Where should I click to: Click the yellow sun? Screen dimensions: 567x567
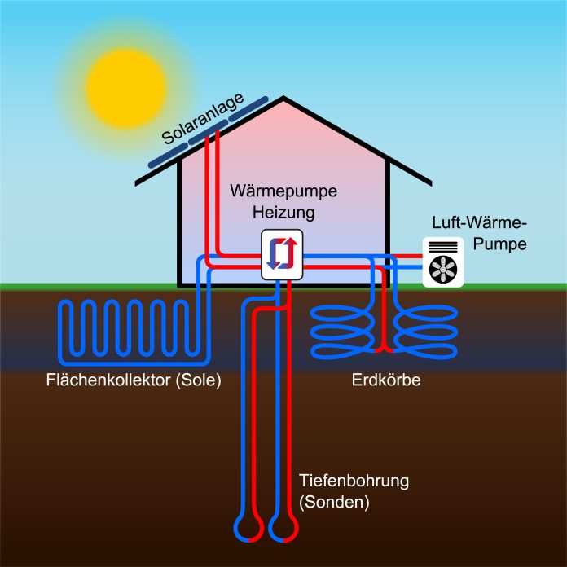[125, 88]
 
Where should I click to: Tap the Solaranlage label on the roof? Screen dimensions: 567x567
[203, 119]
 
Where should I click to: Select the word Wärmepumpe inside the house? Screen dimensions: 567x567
[283, 191]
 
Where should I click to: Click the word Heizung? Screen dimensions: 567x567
[283, 213]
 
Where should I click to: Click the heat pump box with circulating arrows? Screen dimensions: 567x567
[282, 254]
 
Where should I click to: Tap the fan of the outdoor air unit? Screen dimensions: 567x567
[443, 270]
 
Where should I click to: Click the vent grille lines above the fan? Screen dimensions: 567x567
[443, 247]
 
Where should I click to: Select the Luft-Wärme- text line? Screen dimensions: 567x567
[479, 222]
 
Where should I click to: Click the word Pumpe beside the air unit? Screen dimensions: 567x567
[499, 244]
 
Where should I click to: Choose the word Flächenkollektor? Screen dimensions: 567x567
[108, 380]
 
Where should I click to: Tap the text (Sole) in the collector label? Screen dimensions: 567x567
[198, 380]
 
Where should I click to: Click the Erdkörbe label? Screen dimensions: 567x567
[386, 380]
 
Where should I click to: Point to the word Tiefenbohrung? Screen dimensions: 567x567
[354, 481]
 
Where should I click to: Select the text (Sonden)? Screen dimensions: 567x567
[334, 503]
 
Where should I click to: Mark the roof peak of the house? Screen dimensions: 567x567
[283, 98]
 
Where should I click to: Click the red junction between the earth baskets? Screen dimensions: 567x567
[384, 350]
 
